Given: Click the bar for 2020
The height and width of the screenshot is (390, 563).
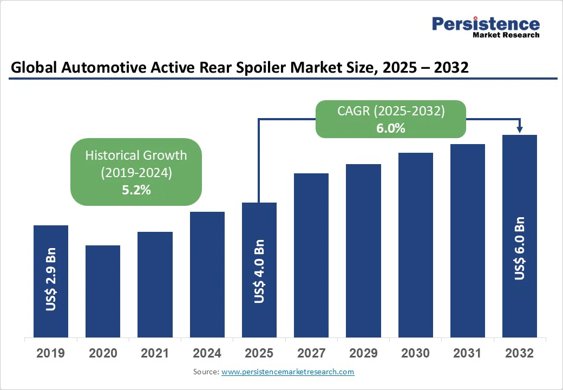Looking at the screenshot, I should [103, 291].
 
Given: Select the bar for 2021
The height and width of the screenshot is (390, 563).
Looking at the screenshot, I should [155, 284].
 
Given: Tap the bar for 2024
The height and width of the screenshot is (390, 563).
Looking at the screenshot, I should [207, 274].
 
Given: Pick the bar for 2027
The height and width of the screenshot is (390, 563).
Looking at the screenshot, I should [311, 255].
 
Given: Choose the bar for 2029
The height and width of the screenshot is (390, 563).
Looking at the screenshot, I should [363, 250].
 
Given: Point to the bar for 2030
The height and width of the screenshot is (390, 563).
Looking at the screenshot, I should [416, 245].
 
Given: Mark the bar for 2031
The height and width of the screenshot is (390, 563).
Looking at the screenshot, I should [468, 240].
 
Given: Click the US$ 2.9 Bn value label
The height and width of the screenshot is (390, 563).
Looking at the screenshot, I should [51, 279].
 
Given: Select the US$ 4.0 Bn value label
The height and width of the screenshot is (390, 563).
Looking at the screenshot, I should [259, 272].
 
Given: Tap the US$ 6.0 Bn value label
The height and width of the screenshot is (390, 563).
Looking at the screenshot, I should [520, 249].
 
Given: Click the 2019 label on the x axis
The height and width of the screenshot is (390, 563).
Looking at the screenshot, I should [51, 354].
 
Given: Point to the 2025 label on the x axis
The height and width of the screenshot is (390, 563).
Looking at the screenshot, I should [259, 354].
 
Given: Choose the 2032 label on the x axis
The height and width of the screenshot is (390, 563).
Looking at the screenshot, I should [520, 354].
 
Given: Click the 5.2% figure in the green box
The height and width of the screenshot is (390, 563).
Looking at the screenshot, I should [136, 190].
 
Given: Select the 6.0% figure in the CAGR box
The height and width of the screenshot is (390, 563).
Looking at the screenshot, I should [391, 128].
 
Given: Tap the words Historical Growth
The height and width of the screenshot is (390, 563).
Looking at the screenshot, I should [136, 155].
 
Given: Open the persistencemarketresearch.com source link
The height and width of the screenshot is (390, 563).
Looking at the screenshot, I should [287, 372].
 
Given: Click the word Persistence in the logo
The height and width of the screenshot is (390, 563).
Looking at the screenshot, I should [486, 24].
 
